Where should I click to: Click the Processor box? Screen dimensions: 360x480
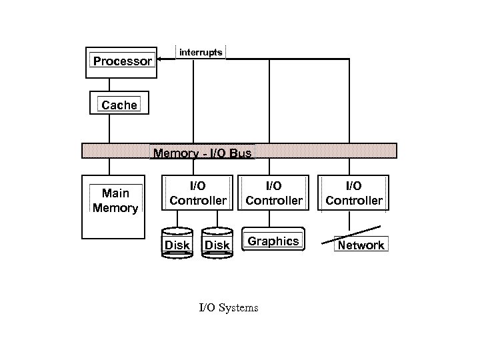coord(122,61)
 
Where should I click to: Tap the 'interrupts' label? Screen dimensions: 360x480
coord(201,52)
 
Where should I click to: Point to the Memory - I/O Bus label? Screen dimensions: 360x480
coord(203,153)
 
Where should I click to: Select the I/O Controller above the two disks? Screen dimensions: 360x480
coord(198,193)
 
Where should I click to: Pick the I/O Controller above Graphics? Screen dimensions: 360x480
coord(274,193)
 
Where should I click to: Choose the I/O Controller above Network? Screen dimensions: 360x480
coord(354,193)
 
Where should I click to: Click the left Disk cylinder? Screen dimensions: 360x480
coord(177,243)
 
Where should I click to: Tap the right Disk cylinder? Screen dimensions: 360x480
coord(217,243)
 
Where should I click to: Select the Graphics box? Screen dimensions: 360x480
coord(273,241)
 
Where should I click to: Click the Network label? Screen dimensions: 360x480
coord(361,245)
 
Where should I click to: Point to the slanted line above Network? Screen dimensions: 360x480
coord(354,233)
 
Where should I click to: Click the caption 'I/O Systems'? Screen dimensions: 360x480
coord(229,307)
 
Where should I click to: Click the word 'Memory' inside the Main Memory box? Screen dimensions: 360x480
coord(115,208)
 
